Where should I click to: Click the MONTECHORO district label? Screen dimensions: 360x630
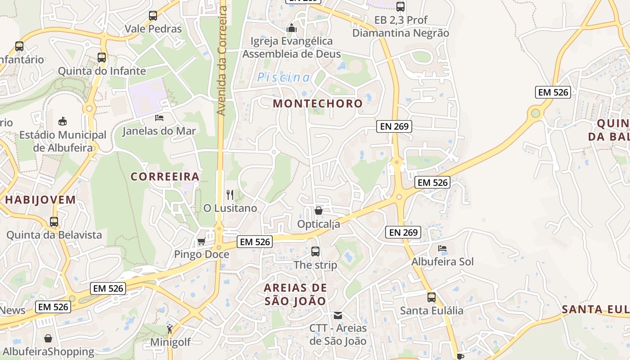pyautogui.click(x=318, y=103)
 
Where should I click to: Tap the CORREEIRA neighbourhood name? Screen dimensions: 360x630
pyautogui.click(x=165, y=176)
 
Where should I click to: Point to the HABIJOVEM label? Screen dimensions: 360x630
pyautogui.click(x=40, y=200)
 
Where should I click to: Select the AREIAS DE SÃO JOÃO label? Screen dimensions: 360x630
pyautogui.click(x=295, y=295)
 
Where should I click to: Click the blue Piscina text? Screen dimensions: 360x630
pyautogui.click(x=283, y=78)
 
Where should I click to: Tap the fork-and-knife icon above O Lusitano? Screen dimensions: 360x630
pyautogui.click(x=230, y=195)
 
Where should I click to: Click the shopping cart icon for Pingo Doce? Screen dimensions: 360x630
pyautogui.click(x=201, y=242)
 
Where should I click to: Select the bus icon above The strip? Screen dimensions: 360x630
pyautogui.click(x=315, y=252)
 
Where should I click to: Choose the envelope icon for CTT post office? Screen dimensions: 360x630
pyautogui.click(x=338, y=315)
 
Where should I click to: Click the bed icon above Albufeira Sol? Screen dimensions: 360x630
pyautogui.click(x=442, y=248)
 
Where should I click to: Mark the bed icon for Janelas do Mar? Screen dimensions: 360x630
pyautogui.click(x=159, y=118)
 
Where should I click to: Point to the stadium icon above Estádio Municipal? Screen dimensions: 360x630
pyautogui.click(x=63, y=121)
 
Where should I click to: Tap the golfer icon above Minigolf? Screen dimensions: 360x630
pyautogui.click(x=170, y=329)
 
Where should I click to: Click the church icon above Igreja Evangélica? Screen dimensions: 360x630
pyautogui.click(x=292, y=28)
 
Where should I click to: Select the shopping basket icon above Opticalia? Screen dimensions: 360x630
pyautogui.click(x=319, y=210)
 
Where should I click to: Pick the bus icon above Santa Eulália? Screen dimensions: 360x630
pyautogui.click(x=432, y=297)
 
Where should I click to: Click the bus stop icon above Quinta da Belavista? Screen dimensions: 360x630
pyautogui.click(x=54, y=222)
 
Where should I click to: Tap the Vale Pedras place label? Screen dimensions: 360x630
pyautogui.click(x=153, y=29)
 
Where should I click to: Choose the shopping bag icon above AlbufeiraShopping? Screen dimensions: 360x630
pyautogui.click(x=48, y=338)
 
